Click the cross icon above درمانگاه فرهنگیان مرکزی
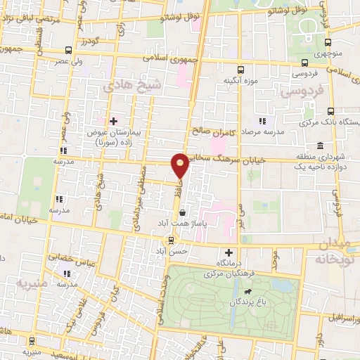click(228, 252)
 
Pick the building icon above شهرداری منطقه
click(320, 146)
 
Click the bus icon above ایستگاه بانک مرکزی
click(330, 112)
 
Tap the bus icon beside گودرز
click(68, 50)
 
